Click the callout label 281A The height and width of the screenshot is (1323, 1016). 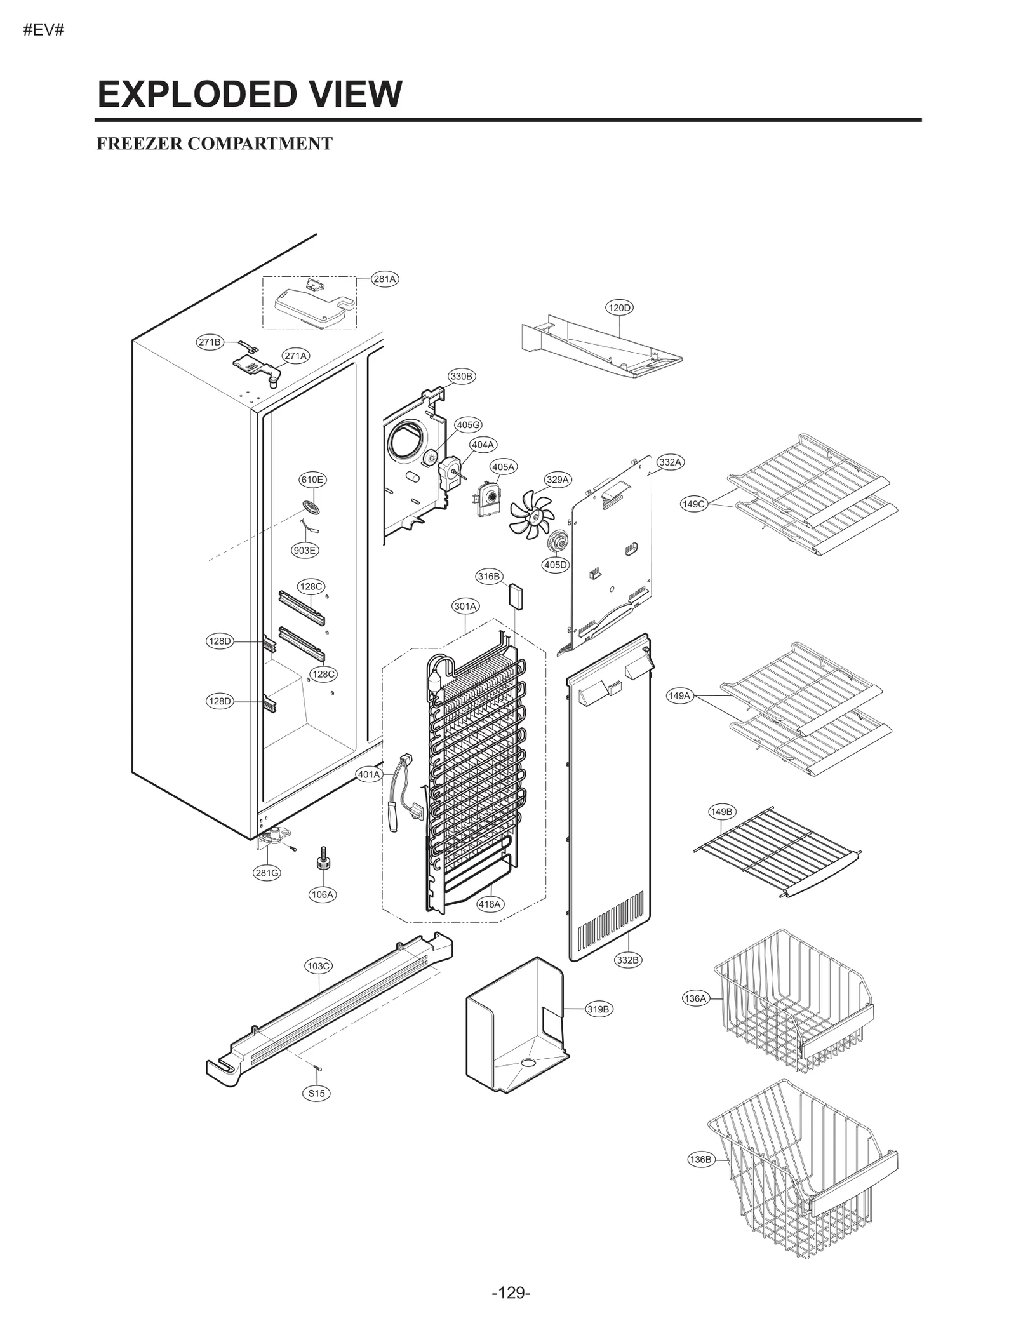[x=385, y=279]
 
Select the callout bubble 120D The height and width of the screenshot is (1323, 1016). [x=619, y=308]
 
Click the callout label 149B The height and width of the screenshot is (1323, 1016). [x=721, y=812]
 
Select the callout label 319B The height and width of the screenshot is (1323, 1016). [x=598, y=1009]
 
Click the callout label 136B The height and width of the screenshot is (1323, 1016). [x=700, y=1160]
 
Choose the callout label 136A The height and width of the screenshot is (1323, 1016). [x=695, y=998]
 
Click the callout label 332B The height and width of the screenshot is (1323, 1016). [x=627, y=960]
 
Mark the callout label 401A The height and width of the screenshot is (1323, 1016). [x=369, y=775]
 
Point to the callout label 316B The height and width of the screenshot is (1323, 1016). [x=489, y=577]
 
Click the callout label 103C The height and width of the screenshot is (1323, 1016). [x=319, y=966]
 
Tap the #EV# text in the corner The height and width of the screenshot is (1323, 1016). [x=44, y=30]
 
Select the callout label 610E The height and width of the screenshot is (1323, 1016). [x=312, y=480]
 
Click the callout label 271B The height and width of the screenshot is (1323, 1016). [x=209, y=342]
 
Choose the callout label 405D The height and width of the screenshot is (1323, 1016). [x=556, y=565]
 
